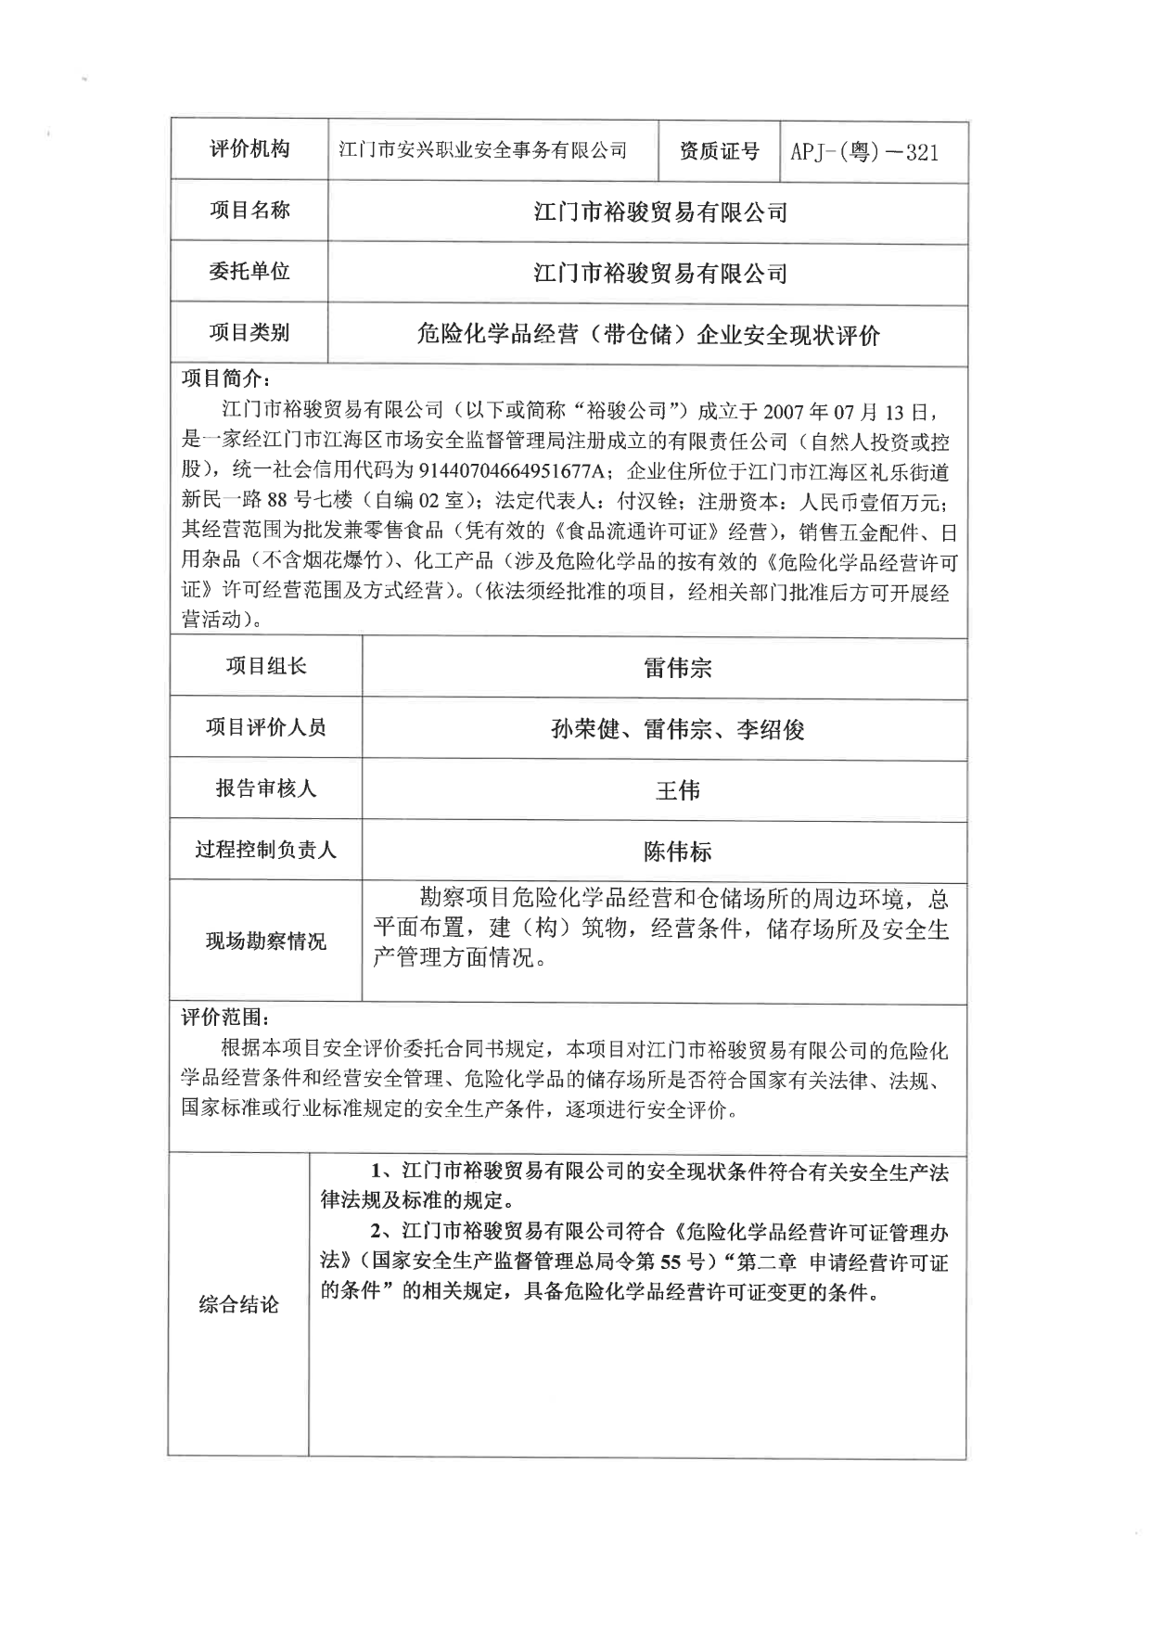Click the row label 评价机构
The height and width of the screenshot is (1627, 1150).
249,149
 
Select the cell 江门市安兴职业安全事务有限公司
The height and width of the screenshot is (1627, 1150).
482,150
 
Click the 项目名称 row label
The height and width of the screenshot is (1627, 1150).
249,211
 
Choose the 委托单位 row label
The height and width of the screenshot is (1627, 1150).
249,271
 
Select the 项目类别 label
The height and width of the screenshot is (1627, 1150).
249,332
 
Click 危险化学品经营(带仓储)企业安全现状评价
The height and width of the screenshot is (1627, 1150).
648,335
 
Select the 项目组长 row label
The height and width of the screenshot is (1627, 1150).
266,666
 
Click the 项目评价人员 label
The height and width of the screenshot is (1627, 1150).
266,727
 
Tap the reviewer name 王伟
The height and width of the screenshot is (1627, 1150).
677,790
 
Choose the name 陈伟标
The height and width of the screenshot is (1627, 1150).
677,852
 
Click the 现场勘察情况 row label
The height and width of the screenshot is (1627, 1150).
266,942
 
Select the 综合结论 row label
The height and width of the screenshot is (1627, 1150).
238,1305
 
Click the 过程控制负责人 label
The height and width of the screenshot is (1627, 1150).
266,850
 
